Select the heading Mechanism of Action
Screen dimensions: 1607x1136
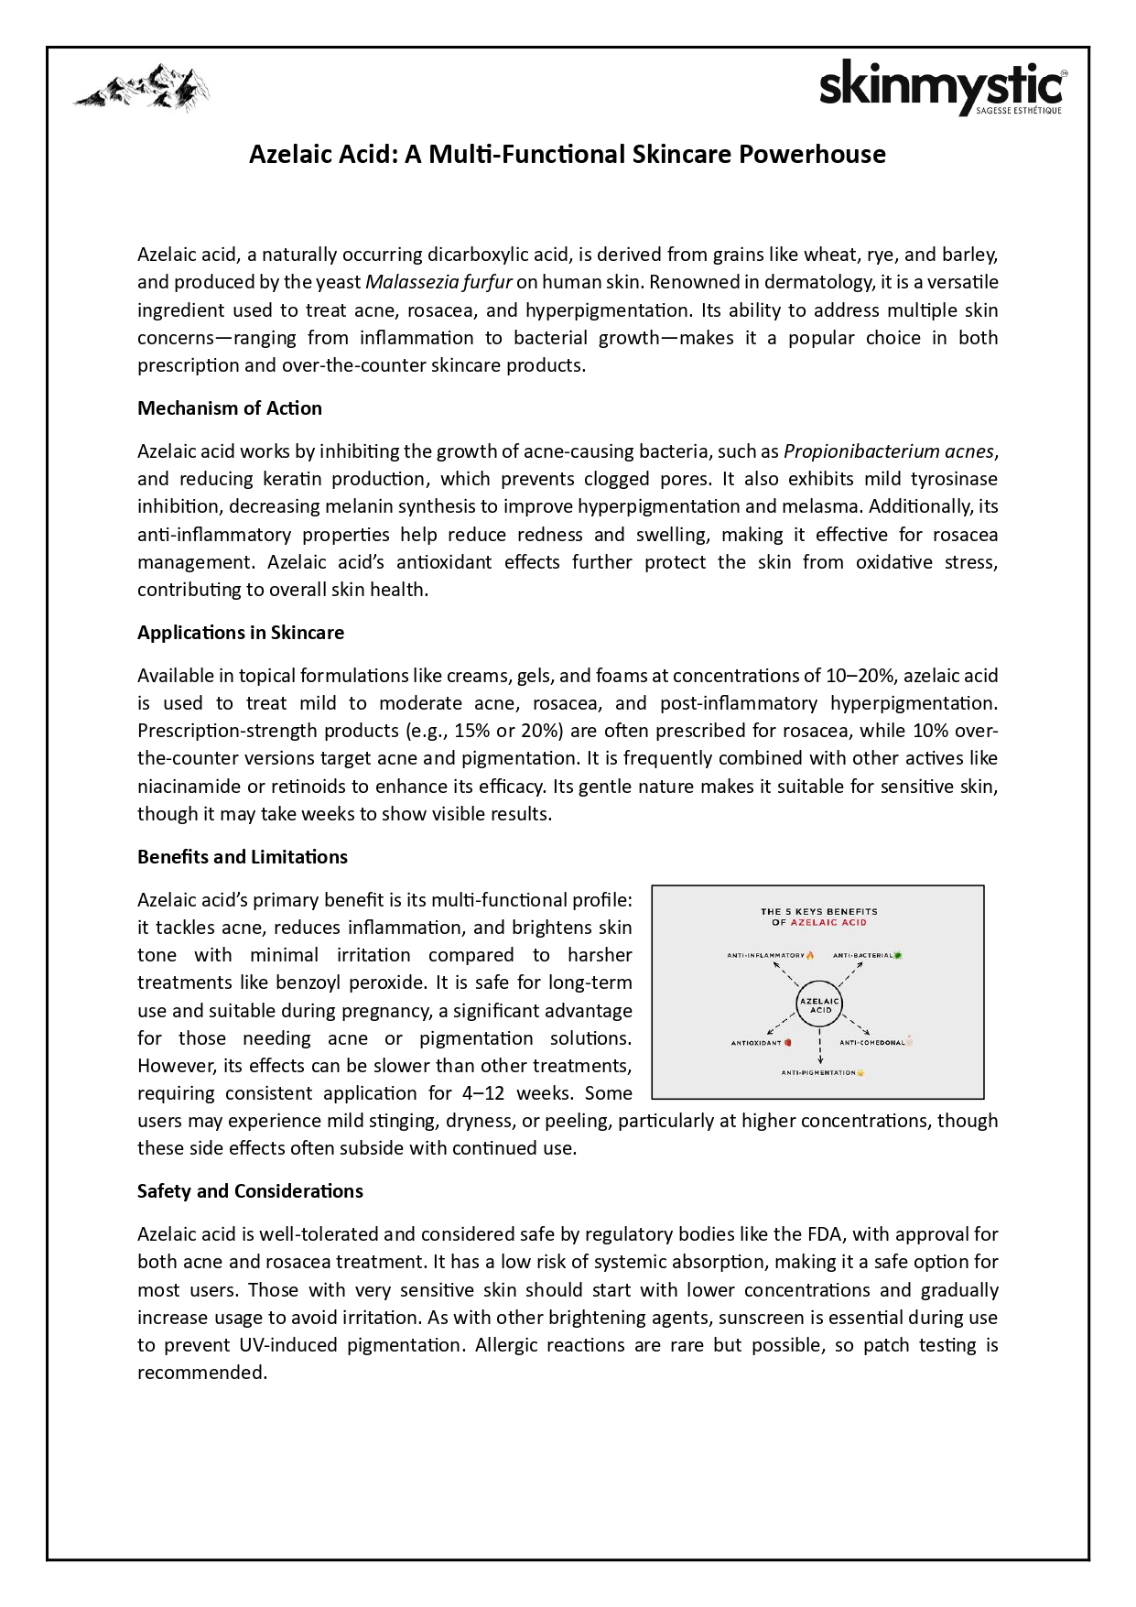click(230, 408)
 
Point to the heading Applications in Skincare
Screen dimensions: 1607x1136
click(241, 633)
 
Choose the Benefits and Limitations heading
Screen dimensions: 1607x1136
click(243, 857)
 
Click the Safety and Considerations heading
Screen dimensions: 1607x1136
click(250, 1191)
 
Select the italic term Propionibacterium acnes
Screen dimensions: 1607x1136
click(888, 451)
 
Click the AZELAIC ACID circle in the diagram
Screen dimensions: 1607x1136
click(819, 1005)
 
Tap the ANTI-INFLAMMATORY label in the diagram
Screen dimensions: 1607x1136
click(766, 955)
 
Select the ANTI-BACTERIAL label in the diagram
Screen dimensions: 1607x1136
click(862, 955)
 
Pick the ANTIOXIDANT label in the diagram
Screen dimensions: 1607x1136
click(756, 1043)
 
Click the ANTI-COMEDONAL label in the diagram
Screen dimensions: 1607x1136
click(871, 1043)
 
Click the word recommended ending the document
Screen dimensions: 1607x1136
click(201, 1373)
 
